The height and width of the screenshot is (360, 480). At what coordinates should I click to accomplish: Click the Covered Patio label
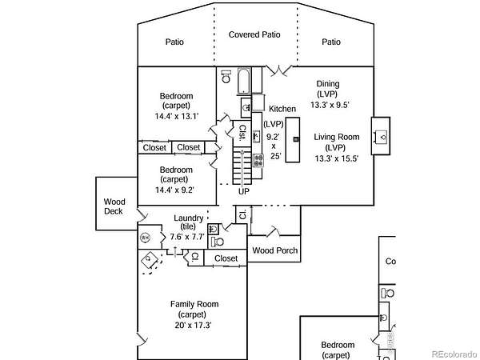(x=255, y=34)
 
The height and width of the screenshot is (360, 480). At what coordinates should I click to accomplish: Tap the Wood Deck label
(x=115, y=207)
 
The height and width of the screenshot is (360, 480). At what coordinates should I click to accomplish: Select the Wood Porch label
(x=274, y=250)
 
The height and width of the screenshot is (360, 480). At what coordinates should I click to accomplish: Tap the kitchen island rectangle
(x=294, y=140)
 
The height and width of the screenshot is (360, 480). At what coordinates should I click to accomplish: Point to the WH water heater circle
(x=146, y=238)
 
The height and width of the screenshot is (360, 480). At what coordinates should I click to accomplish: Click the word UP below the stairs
(x=244, y=191)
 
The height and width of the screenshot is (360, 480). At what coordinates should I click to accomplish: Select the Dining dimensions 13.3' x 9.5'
(x=328, y=104)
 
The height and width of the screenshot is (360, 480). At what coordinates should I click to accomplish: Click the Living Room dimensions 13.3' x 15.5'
(x=336, y=158)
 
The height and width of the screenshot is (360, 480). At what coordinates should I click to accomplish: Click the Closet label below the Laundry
(x=226, y=258)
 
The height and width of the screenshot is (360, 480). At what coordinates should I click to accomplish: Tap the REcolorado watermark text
(x=452, y=354)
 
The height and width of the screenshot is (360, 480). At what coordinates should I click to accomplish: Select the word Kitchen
(x=282, y=109)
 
